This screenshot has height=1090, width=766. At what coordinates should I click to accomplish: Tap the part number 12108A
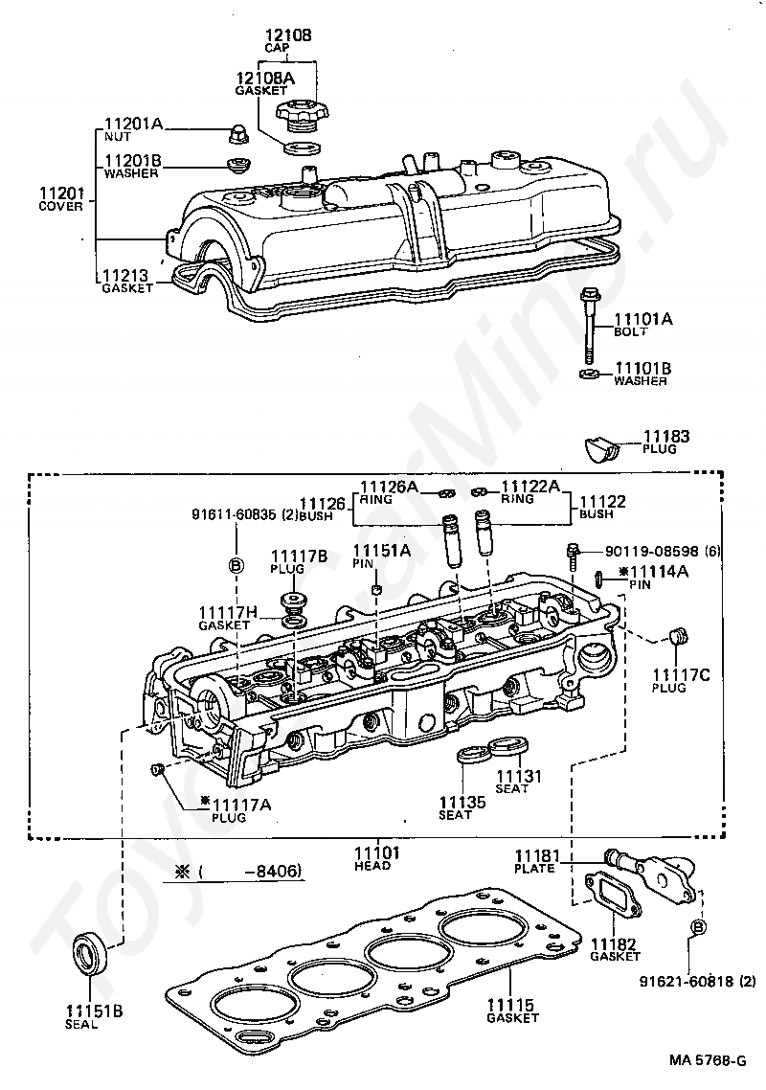point(265,79)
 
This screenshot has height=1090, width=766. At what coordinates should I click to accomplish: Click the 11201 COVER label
point(61,199)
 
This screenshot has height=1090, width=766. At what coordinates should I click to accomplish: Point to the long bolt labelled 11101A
point(590,326)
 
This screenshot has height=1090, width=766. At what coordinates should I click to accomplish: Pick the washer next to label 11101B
point(590,375)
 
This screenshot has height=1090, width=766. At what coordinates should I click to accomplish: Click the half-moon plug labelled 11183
point(601,449)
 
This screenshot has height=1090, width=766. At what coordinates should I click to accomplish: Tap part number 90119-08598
point(651,552)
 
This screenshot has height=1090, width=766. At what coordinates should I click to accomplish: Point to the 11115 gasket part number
point(510,1005)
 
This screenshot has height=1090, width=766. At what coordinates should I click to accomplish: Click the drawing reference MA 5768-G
point(708,1060)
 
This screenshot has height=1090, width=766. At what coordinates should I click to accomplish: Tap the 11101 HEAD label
point(376,858)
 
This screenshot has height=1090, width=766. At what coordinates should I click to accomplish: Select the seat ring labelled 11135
point(473,754)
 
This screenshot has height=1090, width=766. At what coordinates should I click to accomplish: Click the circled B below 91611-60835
point(237,566)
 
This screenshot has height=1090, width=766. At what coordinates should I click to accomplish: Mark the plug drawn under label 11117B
point(295,601)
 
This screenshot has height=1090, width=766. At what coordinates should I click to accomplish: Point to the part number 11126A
point(390,488)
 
